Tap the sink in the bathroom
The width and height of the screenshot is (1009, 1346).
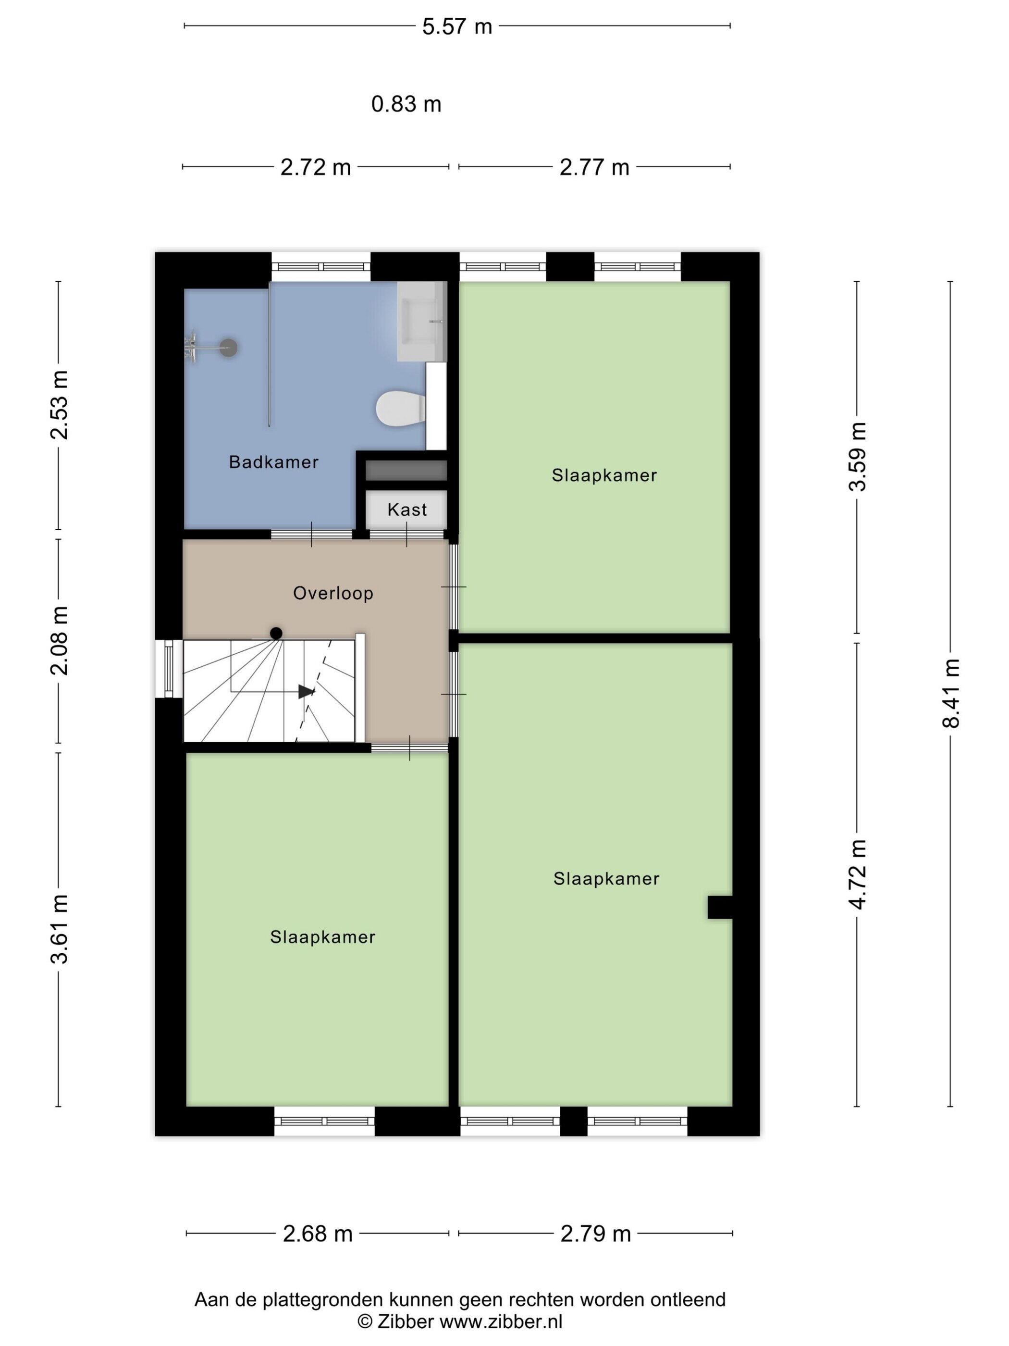[x=421, y=321]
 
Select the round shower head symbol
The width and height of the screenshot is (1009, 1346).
[x=228, y=348]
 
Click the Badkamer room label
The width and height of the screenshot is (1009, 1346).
[x=274, y=462]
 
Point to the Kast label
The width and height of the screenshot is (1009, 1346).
[x=407, y=510]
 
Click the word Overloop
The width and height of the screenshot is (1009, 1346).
[x=333, y=593]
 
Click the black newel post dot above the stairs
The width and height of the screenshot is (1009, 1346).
[x=276, y=634]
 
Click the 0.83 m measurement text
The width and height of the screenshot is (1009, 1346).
[x=406, y=105]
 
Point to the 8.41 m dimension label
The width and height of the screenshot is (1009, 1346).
[x=950, y=693]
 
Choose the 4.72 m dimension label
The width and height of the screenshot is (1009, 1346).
[x=858, y=874]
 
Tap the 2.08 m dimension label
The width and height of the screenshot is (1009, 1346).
[x=60, y=641]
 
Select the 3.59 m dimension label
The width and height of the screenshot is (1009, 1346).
[x=858, y=456]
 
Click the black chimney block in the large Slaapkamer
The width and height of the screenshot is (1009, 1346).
[x=719, y=907]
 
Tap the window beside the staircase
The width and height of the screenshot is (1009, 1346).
[x=169, y=669]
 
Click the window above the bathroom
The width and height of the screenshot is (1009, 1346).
[x=320, y=266]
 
